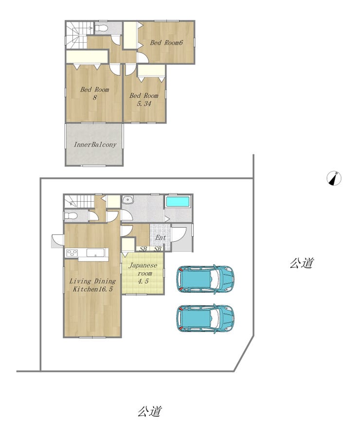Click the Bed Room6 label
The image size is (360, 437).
click(166, 43)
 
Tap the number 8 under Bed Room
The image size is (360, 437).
click(95, 98)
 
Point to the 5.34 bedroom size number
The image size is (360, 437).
click(144, 104)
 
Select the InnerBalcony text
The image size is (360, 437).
click(95, 144)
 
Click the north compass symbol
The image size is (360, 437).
click(334, 178)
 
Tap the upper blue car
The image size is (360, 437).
click(205, 279)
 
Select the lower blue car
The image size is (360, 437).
click(205, 318)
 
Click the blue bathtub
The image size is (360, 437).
click(178, 202)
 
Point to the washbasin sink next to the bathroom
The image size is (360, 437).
click(128, 200)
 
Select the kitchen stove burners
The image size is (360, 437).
click(72, 253)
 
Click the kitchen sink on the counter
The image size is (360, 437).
click(95, 253)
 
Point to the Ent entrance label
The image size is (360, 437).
click(161, 238)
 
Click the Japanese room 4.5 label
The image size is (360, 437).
click(143, 273)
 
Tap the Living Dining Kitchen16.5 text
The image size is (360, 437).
click(92, 285)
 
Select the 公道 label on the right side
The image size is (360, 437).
click(302, 263)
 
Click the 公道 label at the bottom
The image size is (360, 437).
click(149, 411)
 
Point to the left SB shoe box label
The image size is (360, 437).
click(143, 249)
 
